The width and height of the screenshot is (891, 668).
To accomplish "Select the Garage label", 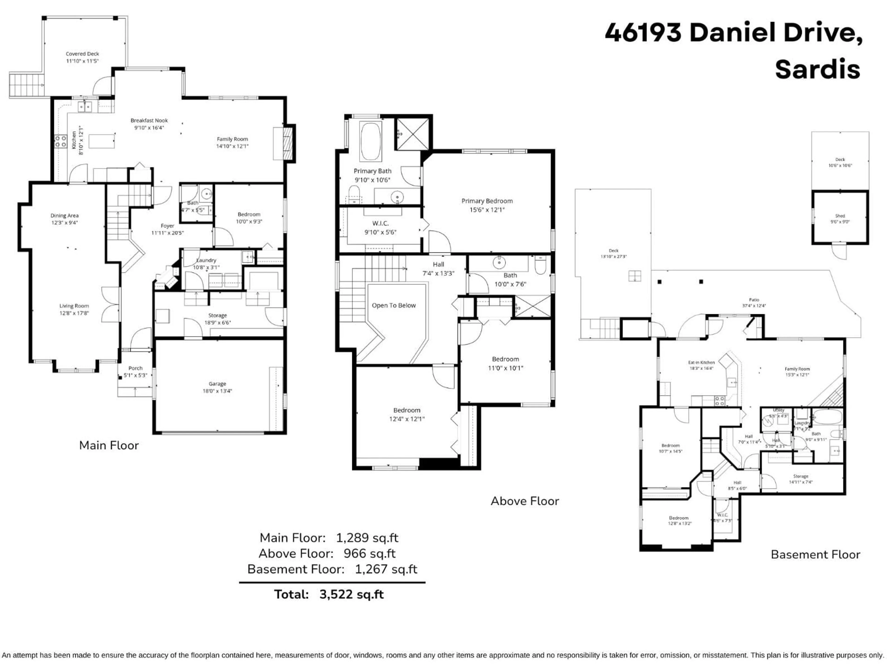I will point(217,384).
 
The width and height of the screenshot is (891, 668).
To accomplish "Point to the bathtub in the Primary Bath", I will point(371,142).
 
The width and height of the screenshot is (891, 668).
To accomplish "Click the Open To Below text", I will point(394,305).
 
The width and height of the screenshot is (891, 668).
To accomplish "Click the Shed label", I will point(840,216).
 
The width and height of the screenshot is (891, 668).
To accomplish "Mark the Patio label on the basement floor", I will point(754,300).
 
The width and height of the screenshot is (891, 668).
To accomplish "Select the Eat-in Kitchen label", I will point(701,362).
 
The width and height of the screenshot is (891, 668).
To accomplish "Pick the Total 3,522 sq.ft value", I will point(351,594).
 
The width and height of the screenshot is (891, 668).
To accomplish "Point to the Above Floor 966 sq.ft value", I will point(369,553).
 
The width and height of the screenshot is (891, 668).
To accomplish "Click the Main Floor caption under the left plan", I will point(109,445).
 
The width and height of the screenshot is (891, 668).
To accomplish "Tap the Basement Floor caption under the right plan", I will point(815,554).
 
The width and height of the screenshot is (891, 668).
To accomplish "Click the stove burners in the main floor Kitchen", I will point(60,141).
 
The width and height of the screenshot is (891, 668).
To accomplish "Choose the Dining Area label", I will point(65,215).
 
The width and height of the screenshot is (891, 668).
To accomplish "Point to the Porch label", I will point(135,368).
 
